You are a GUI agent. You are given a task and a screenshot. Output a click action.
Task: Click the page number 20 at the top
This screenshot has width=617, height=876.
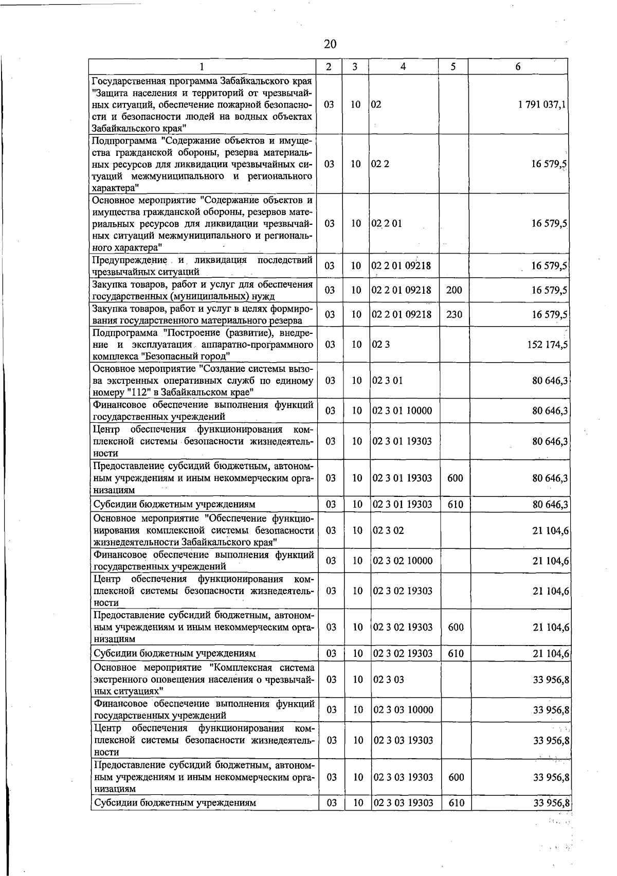(330, 44)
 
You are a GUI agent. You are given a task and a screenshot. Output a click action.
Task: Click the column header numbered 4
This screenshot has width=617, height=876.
(403, 66)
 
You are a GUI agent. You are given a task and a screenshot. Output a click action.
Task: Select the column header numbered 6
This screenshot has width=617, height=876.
(518, 66)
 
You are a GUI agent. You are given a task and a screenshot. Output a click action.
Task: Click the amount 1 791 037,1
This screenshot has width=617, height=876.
(542, 104)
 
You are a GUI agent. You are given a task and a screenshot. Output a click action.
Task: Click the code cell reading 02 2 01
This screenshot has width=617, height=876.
(387, 224)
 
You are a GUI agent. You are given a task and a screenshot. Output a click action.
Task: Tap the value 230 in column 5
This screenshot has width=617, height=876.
(454, 314)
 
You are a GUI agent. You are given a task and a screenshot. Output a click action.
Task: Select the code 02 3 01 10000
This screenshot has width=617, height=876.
(402, 410)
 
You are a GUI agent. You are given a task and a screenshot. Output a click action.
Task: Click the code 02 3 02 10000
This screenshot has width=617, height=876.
(403, 561)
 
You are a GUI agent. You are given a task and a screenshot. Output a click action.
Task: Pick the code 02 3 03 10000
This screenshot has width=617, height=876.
(403, 710)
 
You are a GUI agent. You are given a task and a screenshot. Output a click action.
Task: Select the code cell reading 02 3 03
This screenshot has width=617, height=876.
(388, 680)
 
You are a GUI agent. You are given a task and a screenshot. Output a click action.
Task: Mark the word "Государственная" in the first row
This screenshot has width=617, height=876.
(127, 81)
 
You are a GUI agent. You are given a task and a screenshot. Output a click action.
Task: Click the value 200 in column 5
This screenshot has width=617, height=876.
(454, 290)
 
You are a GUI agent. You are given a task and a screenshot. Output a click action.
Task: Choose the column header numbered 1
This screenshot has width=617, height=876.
(202, 66)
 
